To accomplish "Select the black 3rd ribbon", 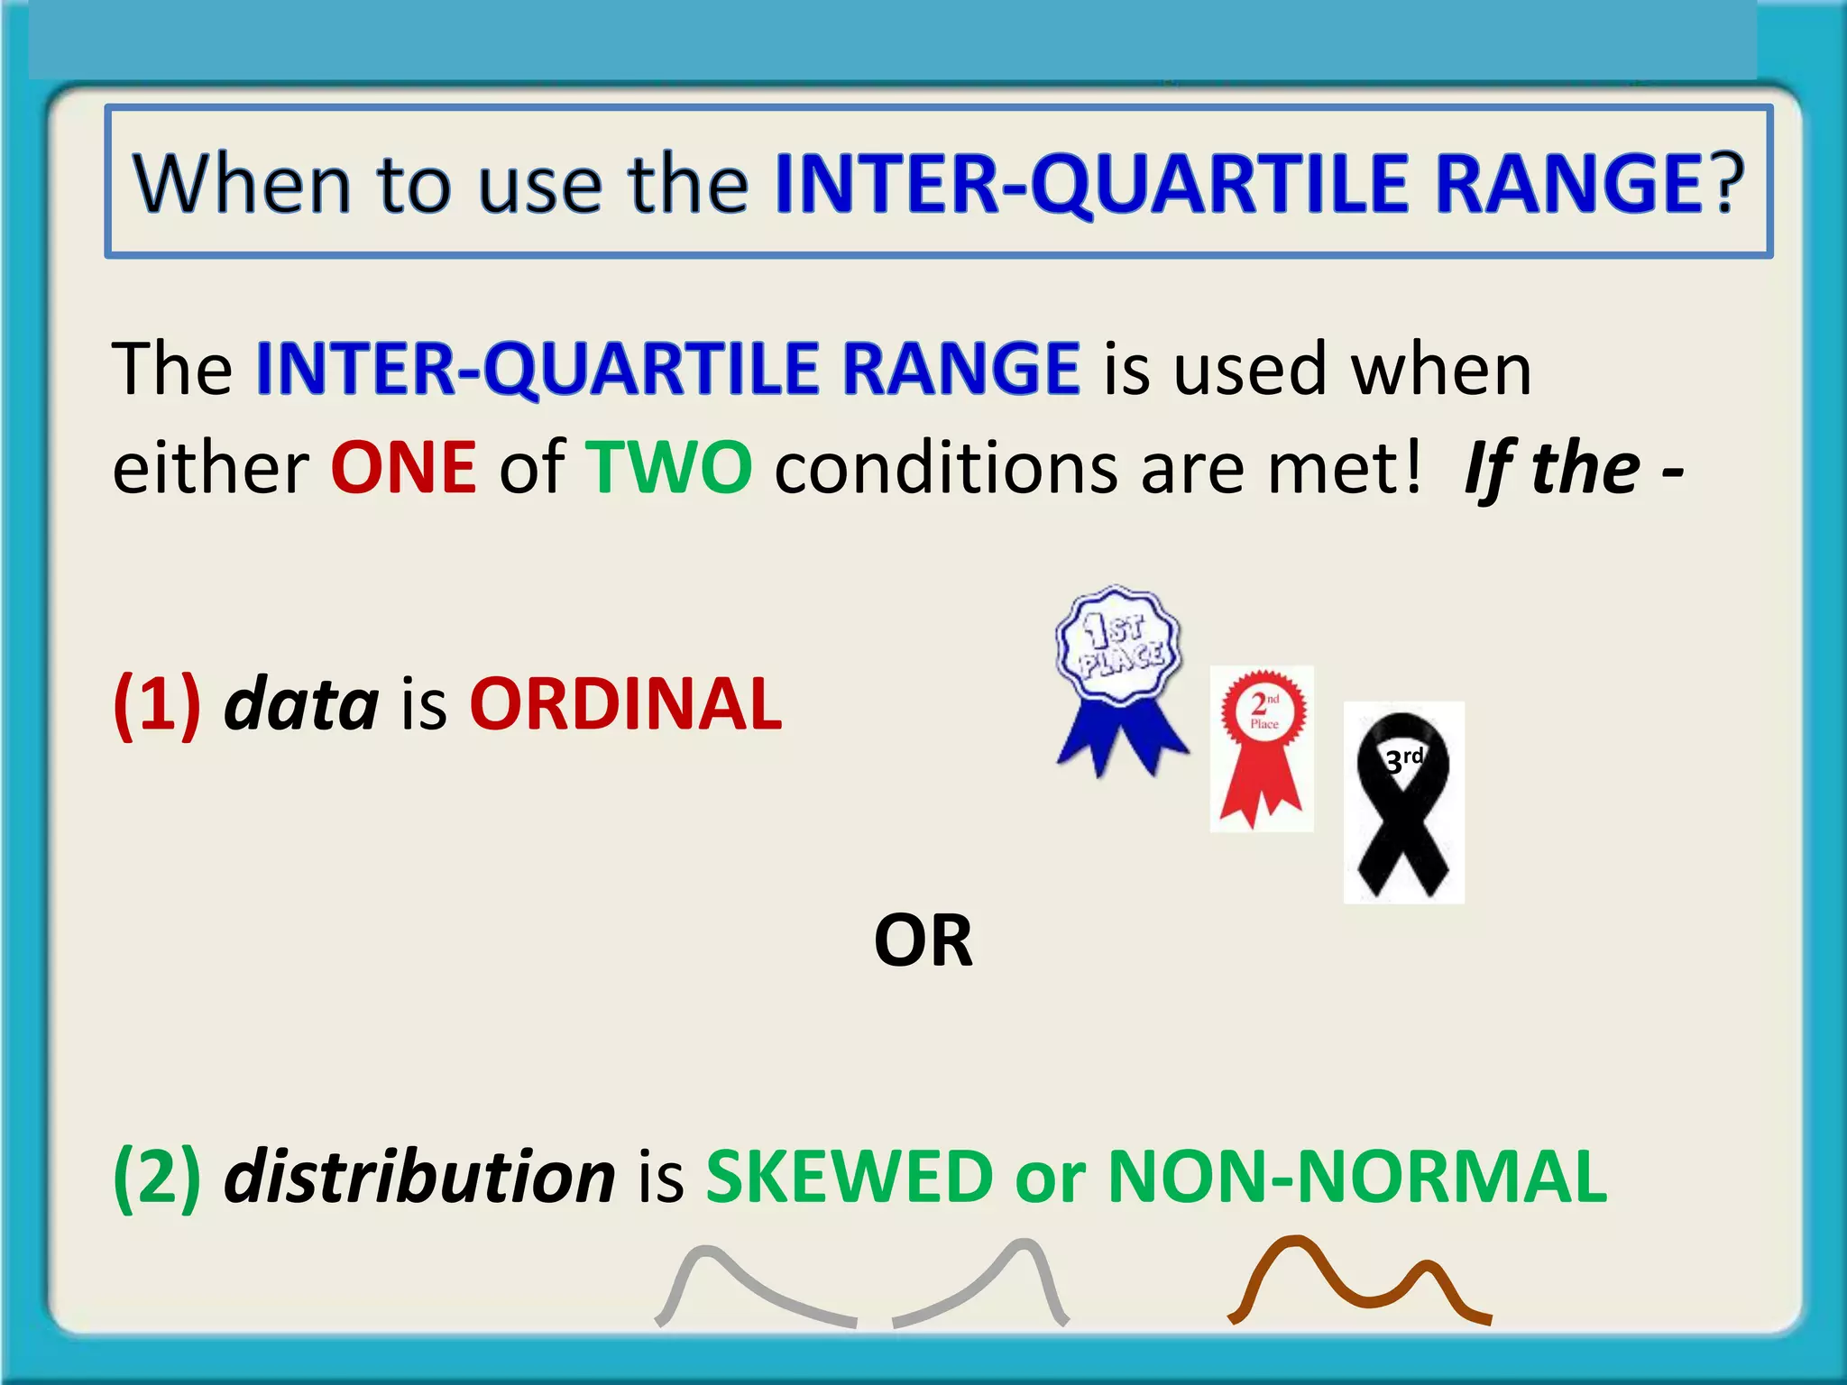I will click(x=1402, y=803).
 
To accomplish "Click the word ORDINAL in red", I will click(x=625, y=704).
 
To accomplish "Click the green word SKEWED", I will click(x=849, y=1177).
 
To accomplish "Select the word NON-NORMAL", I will click(x=1356, y=1177).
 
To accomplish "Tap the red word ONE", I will click(x=403, y=468).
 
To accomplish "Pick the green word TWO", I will click(x=668, y=468).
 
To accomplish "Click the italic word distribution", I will click(x=419, y=1177).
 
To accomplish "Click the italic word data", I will click(x=301, y=704).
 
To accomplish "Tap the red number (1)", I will click(x=157, y=704).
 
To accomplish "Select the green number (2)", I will click(x=157, y=1177).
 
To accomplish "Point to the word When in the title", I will click(x=242, y=184).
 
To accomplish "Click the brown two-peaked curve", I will click(x=1358, y=1280).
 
